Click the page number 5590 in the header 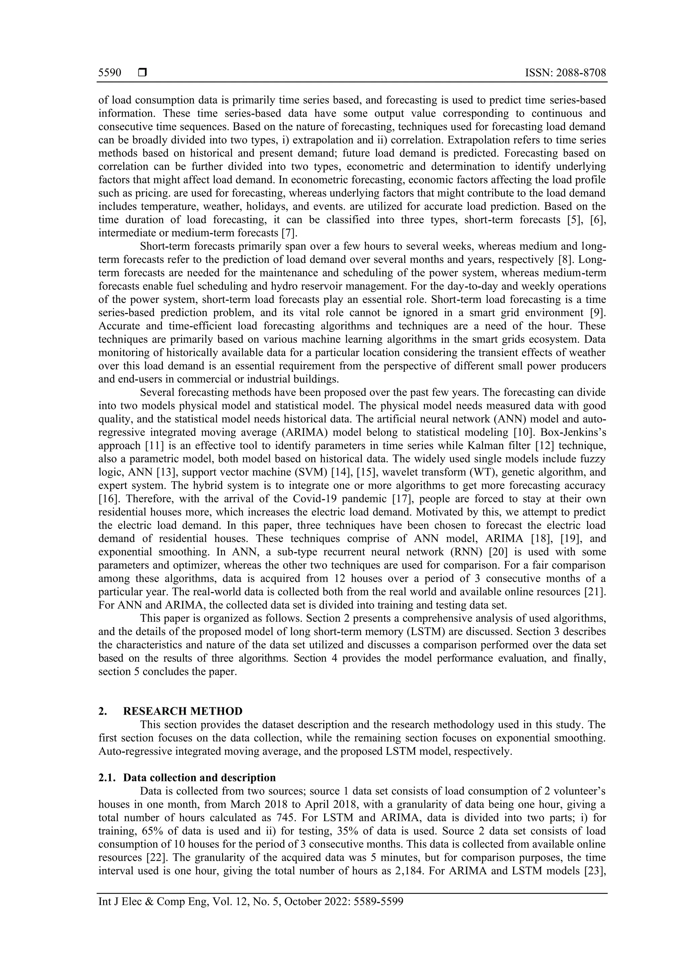110,73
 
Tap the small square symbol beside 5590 142,73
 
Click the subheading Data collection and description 199,778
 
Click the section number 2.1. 106,778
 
